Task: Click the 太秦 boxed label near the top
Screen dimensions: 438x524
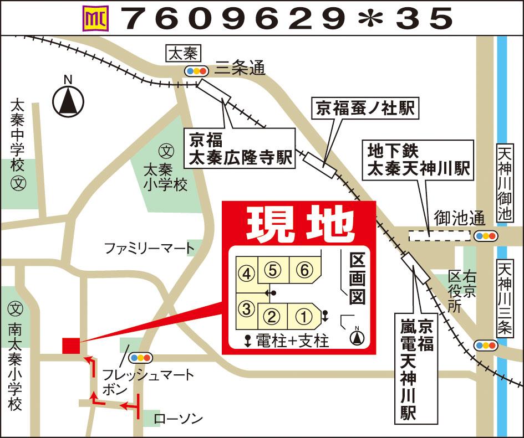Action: point(183,54)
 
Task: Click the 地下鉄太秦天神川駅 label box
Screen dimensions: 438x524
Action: point(419,159)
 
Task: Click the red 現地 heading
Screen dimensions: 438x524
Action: point(299,224)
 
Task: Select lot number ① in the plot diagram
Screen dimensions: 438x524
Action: point(303,317)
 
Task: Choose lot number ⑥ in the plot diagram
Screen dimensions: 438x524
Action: point(303,270)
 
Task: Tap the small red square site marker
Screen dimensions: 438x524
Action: point(71,345)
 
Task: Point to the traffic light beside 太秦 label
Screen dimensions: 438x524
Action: point(196,71)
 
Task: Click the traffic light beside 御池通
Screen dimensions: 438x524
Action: point(486,236)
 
